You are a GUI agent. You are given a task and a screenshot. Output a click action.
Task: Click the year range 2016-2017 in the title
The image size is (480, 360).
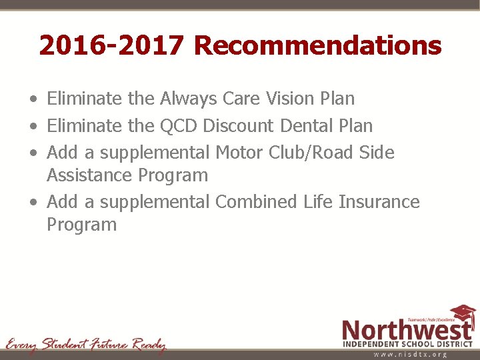coord(111,45)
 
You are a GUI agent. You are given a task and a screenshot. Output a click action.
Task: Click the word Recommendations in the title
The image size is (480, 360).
coord(317,45)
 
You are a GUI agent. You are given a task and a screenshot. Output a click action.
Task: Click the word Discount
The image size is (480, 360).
coord(238,125)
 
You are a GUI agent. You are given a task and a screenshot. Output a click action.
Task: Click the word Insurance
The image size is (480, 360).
coord(379,201)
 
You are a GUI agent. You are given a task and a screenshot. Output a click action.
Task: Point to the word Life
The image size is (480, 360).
coord(317,201)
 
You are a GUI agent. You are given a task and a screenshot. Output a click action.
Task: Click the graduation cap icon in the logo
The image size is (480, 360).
coord(462,314)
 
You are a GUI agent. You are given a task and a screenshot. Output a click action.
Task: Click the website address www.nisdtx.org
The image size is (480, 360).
coord(410,354)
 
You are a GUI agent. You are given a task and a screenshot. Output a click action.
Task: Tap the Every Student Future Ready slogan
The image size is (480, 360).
coord(85,345)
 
